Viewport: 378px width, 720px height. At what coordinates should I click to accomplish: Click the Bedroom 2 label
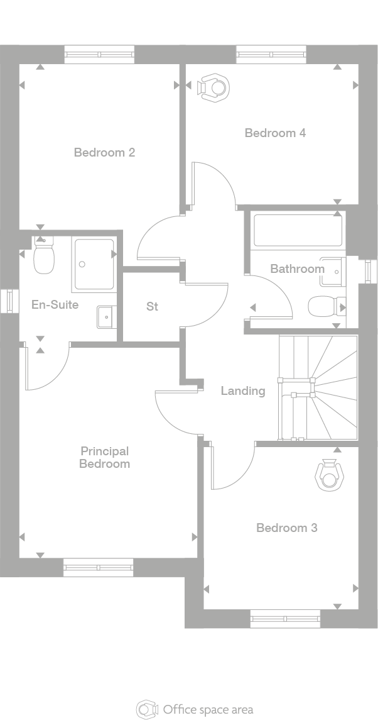pos(104,152)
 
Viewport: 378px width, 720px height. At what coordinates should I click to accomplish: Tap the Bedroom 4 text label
pos(275,133)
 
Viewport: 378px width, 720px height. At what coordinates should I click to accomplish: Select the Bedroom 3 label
pos(286,528)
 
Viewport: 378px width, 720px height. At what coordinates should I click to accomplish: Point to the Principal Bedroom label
pos(104,457)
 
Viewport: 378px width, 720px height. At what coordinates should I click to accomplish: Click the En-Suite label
pos(55,305)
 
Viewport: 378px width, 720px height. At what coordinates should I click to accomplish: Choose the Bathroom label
pos(297,269)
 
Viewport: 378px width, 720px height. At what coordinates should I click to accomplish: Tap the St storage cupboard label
pos(152,307)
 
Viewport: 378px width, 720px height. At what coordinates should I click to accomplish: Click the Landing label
pos(243,390)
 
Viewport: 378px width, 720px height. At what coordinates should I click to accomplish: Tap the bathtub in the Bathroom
pos(298,230)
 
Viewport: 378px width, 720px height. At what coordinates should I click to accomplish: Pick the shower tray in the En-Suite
pos(94,264)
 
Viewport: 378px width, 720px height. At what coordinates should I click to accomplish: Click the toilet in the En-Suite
pos(43,258)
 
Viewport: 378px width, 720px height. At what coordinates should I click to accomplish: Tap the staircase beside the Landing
pos(318,388)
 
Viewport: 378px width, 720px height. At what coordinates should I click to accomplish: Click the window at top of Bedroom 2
pos(99,54)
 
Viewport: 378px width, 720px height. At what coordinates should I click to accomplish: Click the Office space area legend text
pos(208,709)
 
